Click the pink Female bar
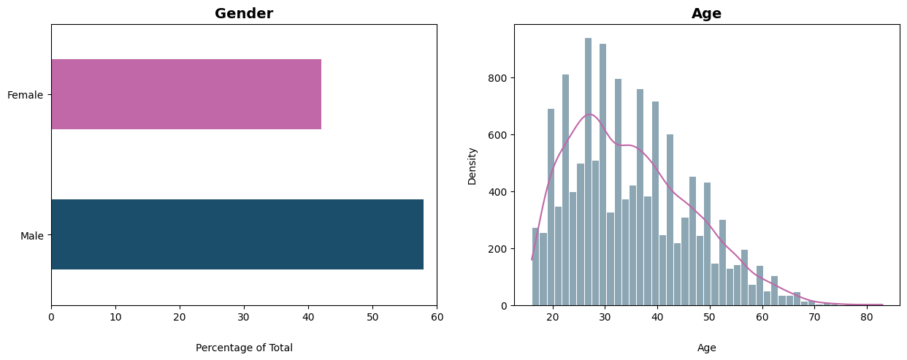click(186, 94)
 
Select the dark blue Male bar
click(237, 234)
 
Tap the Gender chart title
click(244, 13)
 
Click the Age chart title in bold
click(706, 13)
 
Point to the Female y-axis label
click(26, 95)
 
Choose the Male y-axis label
click(32, 236)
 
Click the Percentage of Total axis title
click(244, 348)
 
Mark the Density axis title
click(472, 166)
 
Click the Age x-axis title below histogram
click(706, 348)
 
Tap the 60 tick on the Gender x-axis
click(437, 318)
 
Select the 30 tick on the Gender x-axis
click(244, 318)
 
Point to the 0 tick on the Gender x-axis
click(51, 318)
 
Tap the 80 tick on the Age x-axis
click(866, 318)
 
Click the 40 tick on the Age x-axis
click(657, 318)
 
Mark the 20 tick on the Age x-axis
click(553, 318)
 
